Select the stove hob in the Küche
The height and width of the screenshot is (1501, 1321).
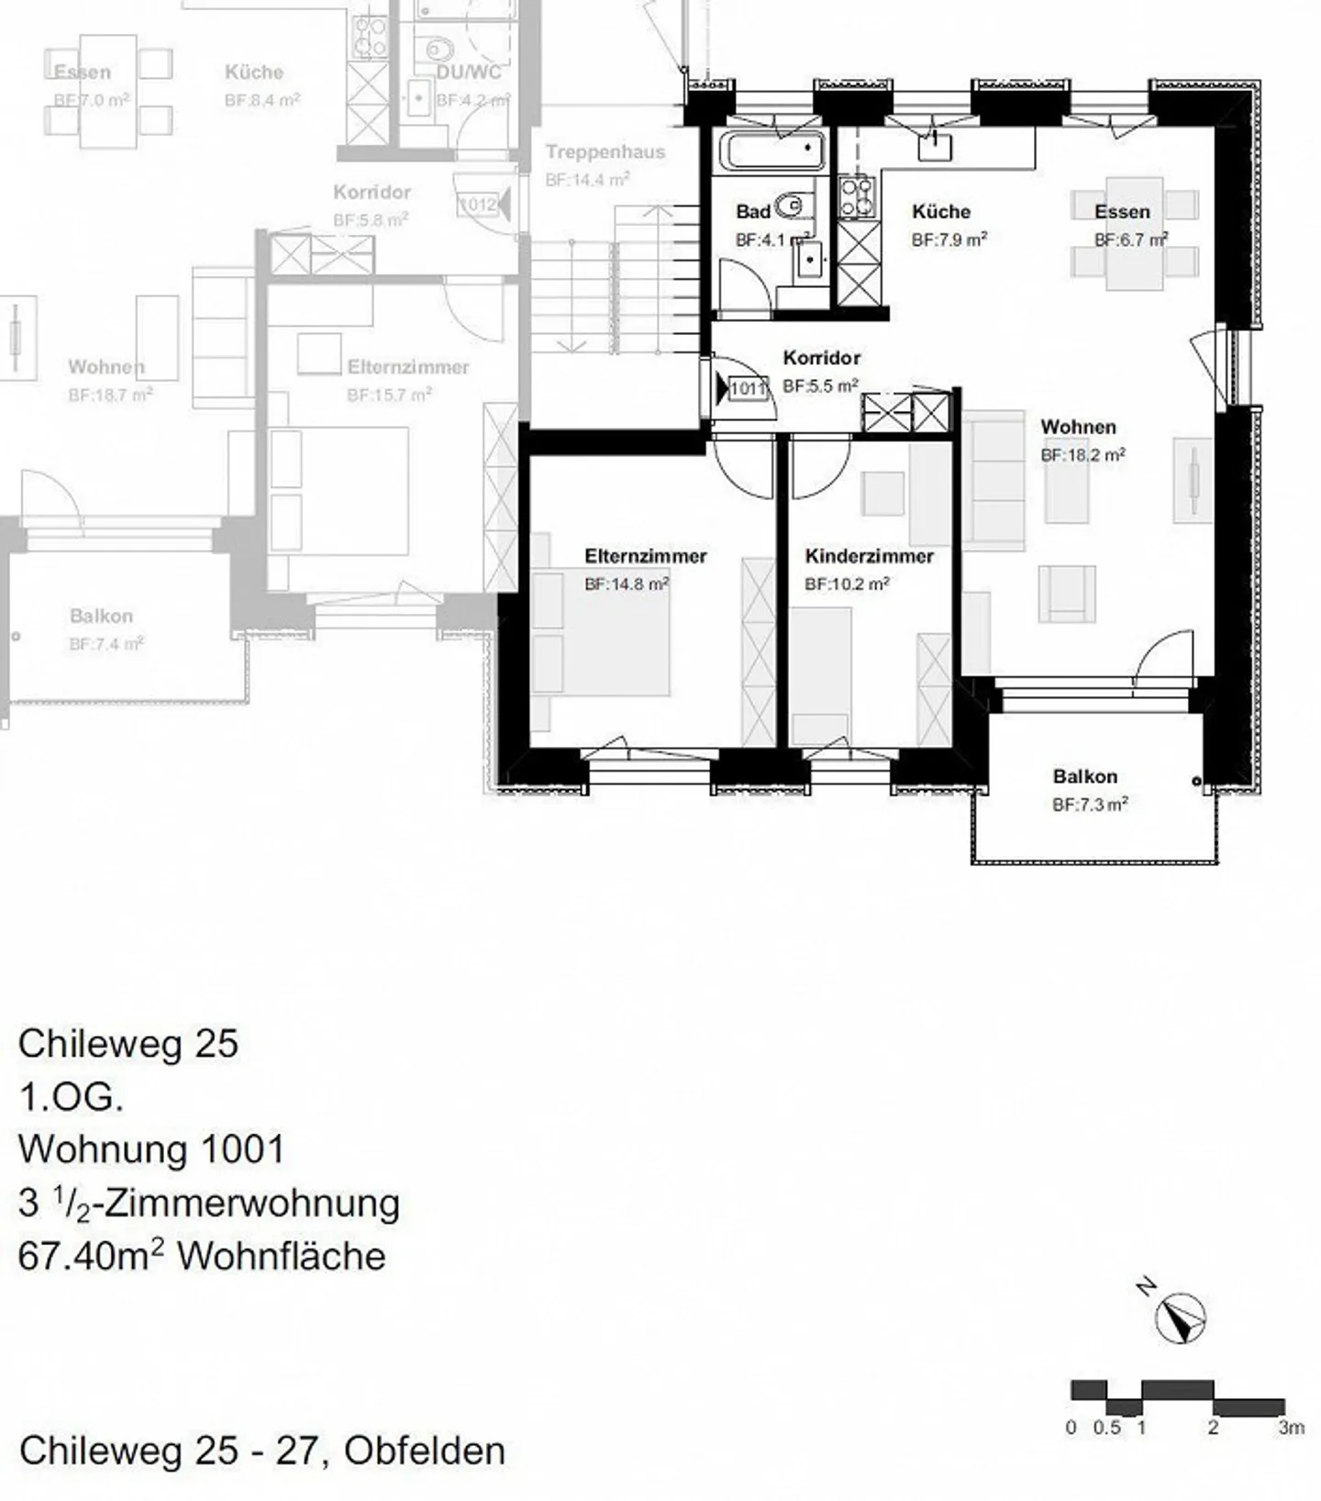coord(857,196)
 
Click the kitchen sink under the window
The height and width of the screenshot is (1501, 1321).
coord(934,147)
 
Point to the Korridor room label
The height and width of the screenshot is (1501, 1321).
coord(821,358)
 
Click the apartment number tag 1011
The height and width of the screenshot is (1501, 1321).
coord(747,389)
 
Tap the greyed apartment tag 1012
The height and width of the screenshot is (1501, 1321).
coord(478,205)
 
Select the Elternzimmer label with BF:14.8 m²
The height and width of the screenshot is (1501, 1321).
coord(645,556)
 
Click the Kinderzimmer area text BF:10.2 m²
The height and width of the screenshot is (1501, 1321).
coord(846,584)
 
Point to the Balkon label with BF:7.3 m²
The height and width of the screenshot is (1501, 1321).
coord(1085,777)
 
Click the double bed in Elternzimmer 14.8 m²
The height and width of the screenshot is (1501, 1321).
coord(601,633)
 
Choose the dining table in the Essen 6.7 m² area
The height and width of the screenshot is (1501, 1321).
coord(1134,233)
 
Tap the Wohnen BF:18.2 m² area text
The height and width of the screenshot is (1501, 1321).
coord(1082,455)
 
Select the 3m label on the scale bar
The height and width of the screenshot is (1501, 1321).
coord(1291,1428)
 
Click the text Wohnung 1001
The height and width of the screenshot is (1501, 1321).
coord(151,1149)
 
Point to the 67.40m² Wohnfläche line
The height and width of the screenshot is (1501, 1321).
coord(202,1256)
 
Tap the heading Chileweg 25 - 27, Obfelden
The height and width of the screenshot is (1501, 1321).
coord(261,1451)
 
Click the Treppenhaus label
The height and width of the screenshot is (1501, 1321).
coord(605,152)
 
